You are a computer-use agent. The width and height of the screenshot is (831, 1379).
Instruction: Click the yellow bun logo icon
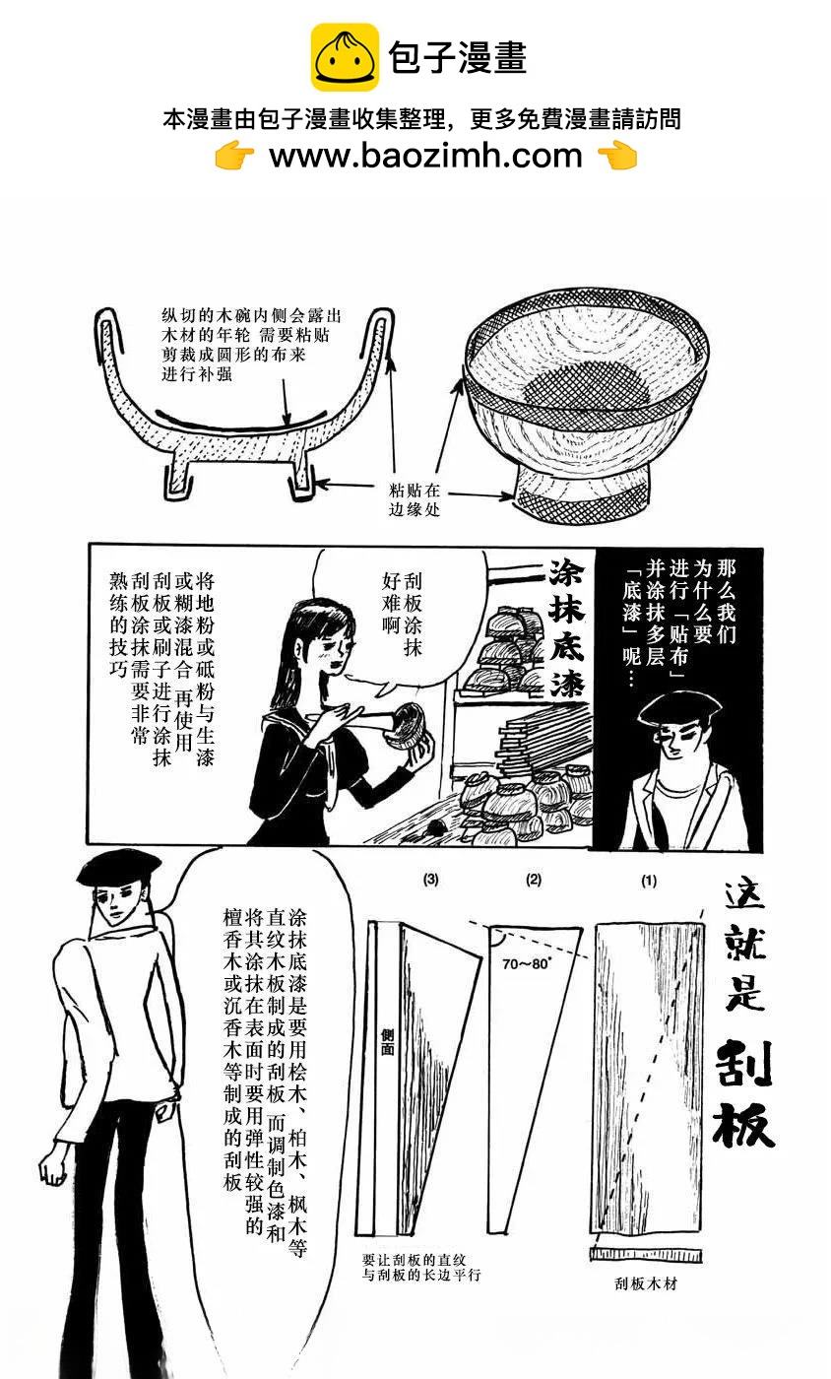coord(344,57)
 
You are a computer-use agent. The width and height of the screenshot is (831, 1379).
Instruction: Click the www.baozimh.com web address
coord(425,156)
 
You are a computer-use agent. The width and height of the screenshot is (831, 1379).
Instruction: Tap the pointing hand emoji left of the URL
coord(234,156)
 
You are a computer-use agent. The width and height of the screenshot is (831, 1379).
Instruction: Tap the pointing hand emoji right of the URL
coord(617,156)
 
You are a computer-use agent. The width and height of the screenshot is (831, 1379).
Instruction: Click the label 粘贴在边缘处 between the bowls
coord(415,499)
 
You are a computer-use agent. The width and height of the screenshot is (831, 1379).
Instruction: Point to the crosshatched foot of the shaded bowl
coord(581,502)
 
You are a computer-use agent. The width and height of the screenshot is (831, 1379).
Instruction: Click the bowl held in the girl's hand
coord(408,727)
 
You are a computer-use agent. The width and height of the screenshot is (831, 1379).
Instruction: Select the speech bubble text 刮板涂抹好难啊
coord(402,613)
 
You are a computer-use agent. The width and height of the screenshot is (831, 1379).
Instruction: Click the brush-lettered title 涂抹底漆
coord(567,628)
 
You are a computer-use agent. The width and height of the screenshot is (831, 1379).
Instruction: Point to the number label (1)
coord(649,881)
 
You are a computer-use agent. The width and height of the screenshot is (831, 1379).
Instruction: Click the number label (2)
coord(534,880)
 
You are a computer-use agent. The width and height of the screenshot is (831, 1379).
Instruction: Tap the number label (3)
coord(431,880)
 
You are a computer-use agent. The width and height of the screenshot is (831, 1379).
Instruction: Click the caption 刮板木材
coord(646,1282)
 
